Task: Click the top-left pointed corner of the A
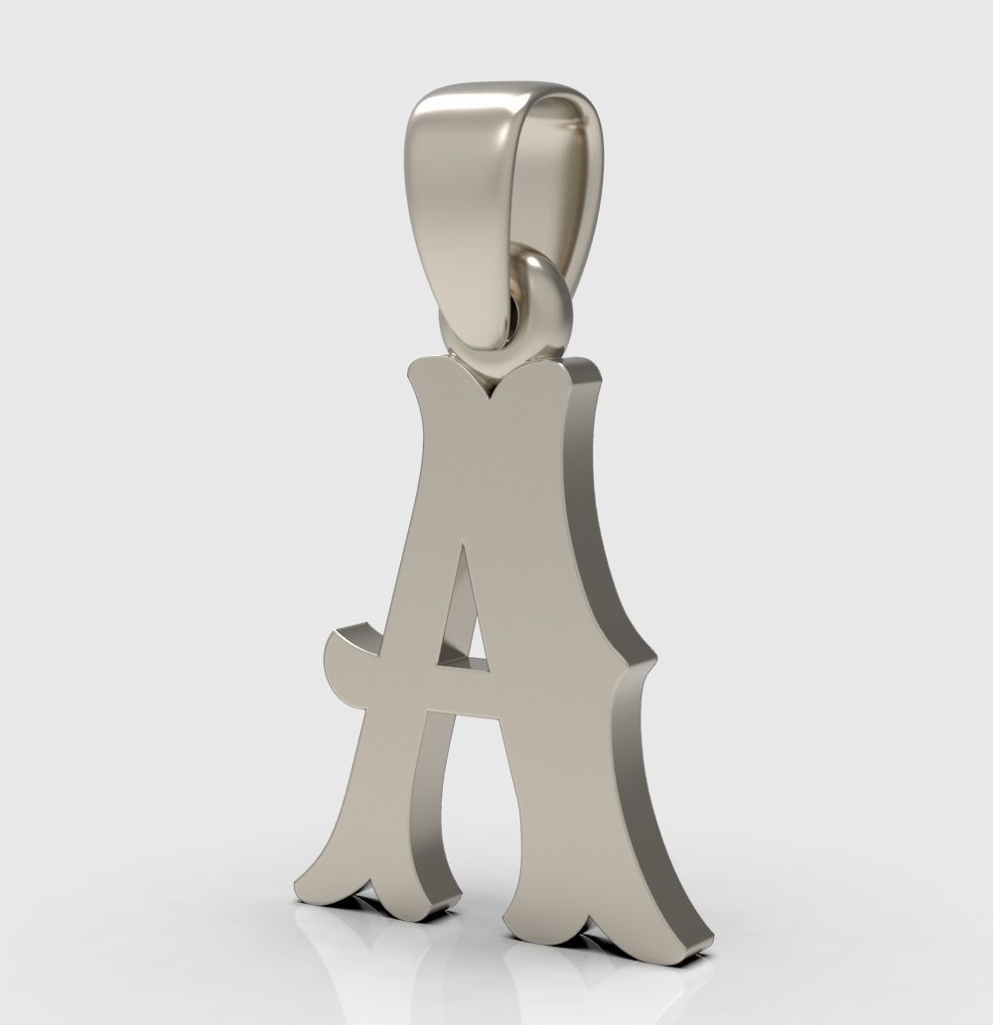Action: (410, 368)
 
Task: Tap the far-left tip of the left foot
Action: (297, 883)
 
